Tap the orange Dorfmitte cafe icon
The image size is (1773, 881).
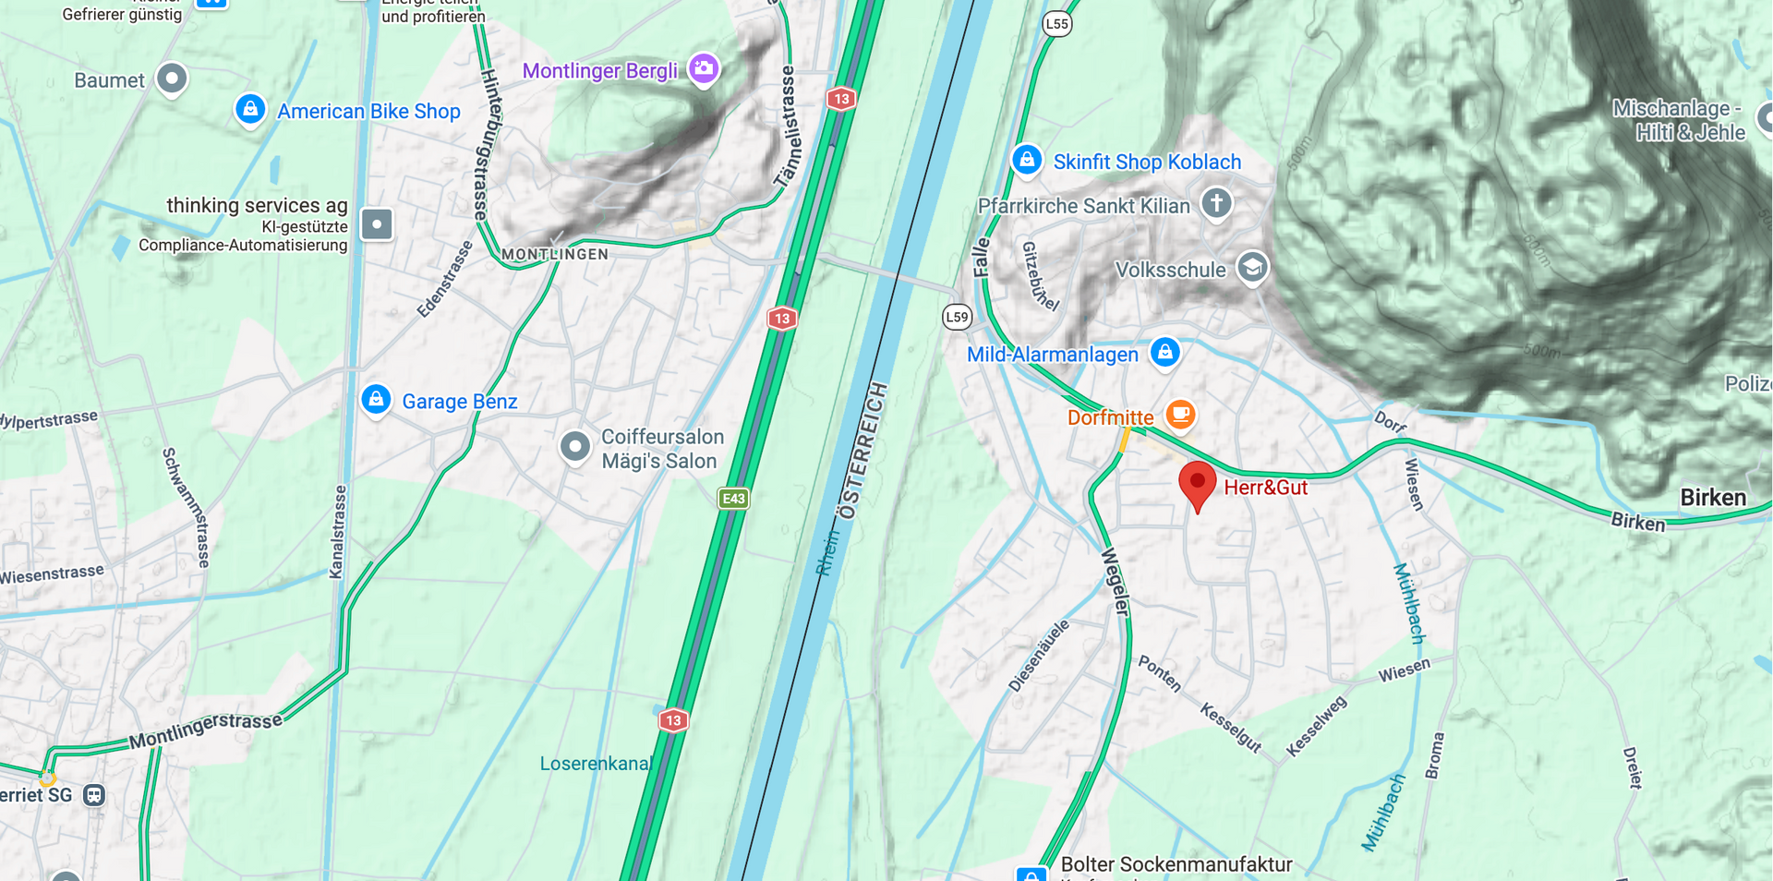(x=1180, y=414)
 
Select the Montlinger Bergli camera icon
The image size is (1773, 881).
(x=704, y=68)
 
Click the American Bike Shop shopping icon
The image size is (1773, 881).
(x=250, y=110)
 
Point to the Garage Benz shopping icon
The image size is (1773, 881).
(x=376, y=400)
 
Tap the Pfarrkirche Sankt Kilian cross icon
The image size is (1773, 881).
(x=1216, y=203)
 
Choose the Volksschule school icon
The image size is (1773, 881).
(x=1252, y=268)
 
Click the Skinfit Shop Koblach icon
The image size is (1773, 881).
(x=1027, y=160)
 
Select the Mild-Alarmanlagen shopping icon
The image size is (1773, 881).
(x=1165, y=353)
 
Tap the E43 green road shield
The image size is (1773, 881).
(x=733, y=499)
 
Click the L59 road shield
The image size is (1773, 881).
(x=958, y=317)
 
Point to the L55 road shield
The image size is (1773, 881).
(x=1057, y=24)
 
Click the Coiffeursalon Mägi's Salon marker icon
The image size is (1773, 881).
(x=575, y=447)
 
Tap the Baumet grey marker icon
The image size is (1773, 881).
(x=172, y=78)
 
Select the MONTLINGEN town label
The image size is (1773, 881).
(x=555, y=254)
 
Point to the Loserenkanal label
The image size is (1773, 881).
(x=596, y=764)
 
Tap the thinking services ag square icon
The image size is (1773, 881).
(x=377, y=224)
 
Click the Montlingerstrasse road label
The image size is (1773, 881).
(x=205, y=730)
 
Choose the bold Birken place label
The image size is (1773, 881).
(x=1713, y=498)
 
